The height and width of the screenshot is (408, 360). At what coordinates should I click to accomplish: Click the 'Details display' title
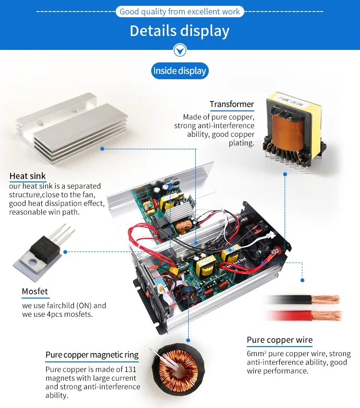tap(180, 31)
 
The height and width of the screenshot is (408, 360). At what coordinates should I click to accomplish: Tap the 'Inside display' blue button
tap(180, 71)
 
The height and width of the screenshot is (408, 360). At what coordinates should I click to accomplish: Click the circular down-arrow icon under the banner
tap(180, 50)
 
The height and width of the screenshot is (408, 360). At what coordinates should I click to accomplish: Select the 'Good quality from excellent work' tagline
tap(180, 12)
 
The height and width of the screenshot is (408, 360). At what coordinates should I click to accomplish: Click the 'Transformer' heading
tap(231, 104)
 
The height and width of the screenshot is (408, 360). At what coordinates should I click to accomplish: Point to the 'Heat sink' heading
tap(28, 176)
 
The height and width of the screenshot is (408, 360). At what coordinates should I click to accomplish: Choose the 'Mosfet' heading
tap(35, 291)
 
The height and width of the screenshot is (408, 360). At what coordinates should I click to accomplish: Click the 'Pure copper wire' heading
tap(279, 340)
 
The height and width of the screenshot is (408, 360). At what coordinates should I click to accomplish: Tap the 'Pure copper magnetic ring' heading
tap(92, 355)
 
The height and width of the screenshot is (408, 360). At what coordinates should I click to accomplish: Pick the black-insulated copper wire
tap(302, 300)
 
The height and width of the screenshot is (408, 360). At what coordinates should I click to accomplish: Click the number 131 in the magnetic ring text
tap(130, 370)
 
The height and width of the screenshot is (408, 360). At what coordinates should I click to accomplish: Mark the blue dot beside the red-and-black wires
tap(302, 280)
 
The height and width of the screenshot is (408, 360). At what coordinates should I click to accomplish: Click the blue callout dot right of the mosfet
tap(65, 251)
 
